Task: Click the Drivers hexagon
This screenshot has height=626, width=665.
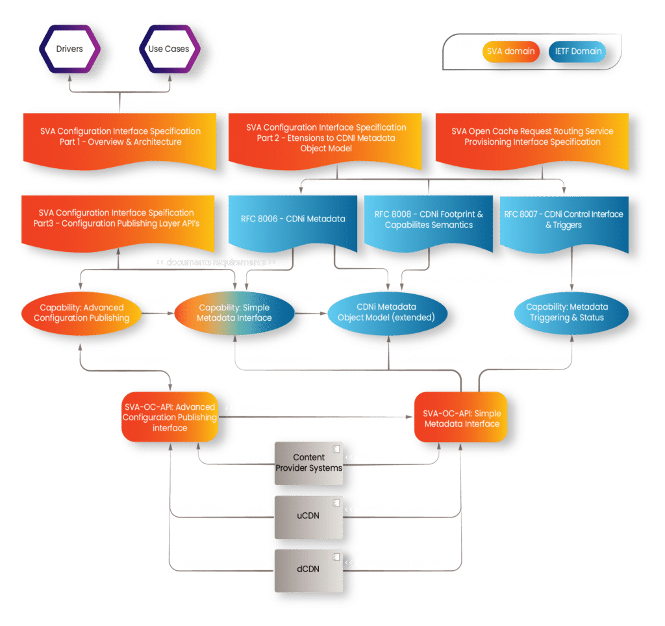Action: [x=69, y=49]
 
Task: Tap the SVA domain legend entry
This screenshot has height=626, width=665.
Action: [x=510, y=51]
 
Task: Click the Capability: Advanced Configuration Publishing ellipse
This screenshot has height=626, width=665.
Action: [x=82, y=312]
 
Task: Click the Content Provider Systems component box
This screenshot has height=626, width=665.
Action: [x=308, y=462]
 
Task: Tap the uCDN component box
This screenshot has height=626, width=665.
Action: [x=308, y=516]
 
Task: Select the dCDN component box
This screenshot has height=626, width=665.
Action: [x=308, y=569]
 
